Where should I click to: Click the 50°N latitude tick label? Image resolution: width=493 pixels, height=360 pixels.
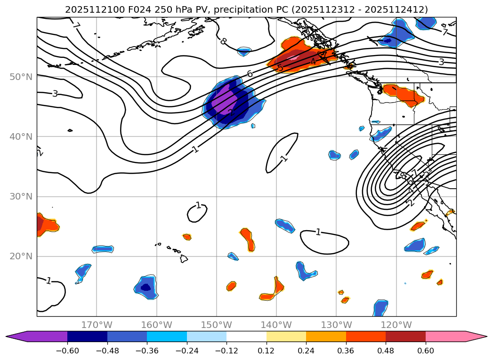tap(21, 77)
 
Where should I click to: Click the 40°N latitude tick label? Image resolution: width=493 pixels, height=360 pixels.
tap(21, 137)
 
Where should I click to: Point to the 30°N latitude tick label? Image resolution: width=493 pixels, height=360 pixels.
tap(21, 197)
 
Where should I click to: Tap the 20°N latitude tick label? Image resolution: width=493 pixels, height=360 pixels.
tap(21, 256)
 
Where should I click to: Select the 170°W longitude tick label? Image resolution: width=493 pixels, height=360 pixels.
tap(97, 325)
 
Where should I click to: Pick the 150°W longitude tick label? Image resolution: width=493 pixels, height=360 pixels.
tap(217, 325)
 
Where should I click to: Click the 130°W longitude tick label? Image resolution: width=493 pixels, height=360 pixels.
tap(336, 325)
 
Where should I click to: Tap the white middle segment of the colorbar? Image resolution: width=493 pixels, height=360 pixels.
tap(246, 336)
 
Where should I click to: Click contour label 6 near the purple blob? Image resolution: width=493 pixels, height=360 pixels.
tap(250, 73)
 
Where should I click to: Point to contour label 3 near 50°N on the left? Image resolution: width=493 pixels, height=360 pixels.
tap(55, 94)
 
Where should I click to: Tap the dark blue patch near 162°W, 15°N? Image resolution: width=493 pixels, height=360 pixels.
tap(146, 287)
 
